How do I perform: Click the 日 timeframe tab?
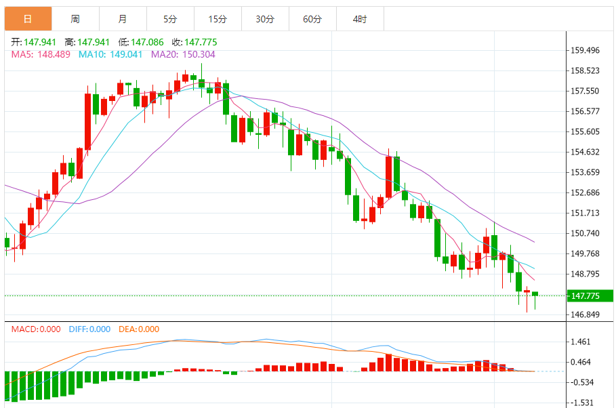tap(28, 19)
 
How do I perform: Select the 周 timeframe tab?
tap(75, 19)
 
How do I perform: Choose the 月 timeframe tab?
tap(122, 19)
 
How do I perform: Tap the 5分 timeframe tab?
tap(169, 19)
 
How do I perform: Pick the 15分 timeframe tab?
tap(217, 19)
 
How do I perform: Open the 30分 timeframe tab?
tap(265, 19)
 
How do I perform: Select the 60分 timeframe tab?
tap(312, 19)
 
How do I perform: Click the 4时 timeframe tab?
tap(360, 19)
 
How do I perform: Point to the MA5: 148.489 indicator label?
tap(41, 54)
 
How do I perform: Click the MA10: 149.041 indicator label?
tap(110, 54)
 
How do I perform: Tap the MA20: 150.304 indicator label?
tap(183, 54)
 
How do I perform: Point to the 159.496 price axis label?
tap(586, 50)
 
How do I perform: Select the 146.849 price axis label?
tap(586, 314)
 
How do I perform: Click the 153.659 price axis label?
tap(586, 172)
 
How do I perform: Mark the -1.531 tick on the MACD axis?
tap(582, 402)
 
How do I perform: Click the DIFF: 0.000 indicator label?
tap(89, 329)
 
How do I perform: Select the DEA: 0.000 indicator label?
tap(138, 329)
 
